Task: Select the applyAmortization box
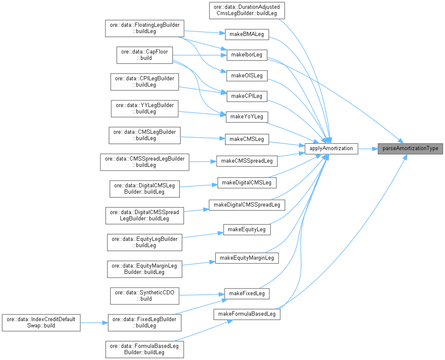331,148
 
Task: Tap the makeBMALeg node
246,34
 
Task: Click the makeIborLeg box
246,55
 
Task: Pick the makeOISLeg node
246,76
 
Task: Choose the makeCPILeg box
246,96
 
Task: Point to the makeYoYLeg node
246,117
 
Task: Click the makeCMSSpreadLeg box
247,161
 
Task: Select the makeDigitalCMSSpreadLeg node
247,205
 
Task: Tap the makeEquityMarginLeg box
247,258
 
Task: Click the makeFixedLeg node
247,294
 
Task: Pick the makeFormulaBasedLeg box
247,314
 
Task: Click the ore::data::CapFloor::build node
144,55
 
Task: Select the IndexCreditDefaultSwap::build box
41,323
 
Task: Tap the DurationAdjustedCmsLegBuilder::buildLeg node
247,10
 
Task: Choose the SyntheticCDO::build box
144,296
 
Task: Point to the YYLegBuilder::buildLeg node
144,108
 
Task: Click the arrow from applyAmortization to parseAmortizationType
368,148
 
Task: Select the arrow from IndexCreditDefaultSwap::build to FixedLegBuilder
94,323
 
